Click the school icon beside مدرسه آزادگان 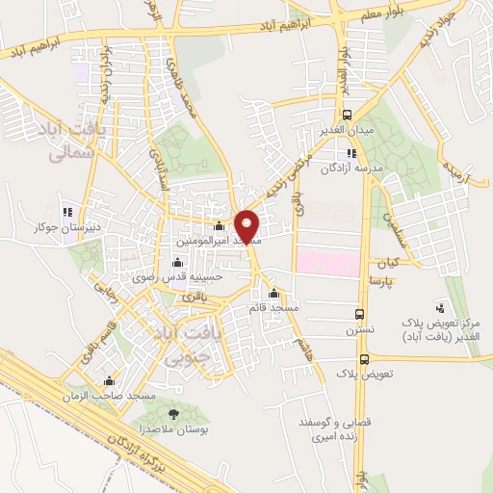[x=350, y=152]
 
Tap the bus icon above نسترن [x=360, y=314]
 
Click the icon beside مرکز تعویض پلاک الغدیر [x=441, y=309]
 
